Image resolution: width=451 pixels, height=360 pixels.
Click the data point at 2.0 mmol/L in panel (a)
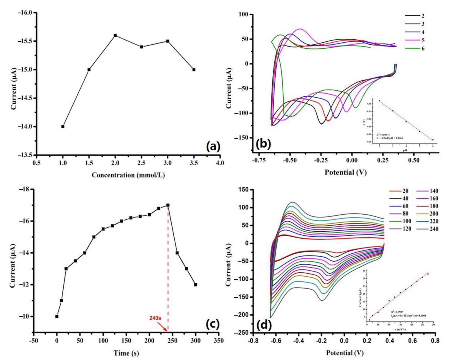point(115,35)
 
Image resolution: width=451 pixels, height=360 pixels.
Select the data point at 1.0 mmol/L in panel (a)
point(63,126)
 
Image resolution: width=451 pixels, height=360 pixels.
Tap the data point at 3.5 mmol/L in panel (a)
point(194,70)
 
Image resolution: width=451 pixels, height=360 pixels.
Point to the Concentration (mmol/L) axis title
point(128,175)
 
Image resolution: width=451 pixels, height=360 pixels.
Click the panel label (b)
point(263,144)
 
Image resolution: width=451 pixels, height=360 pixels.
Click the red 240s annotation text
point(155,318)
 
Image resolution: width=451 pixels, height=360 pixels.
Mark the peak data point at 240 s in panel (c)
point(168,205)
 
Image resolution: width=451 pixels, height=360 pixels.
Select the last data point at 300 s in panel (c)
point(196,285)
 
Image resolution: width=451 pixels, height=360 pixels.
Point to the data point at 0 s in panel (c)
point(57,316)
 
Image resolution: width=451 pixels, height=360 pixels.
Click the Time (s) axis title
point(126,353)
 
